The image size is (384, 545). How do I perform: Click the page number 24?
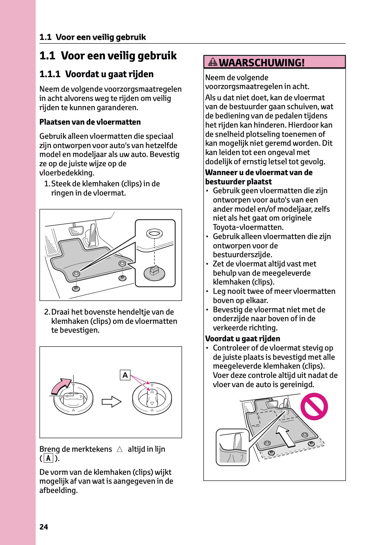click(x=44, y=527)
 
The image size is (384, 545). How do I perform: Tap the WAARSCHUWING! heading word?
click(x=262, y=62)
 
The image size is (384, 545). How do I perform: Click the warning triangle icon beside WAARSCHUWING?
click(x=213, y=62)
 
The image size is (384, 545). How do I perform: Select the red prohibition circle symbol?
click(x=314, y=406)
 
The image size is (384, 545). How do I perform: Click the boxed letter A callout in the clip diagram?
click(x=125, y=375)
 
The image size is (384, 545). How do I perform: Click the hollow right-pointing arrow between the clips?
click(x=111, y=402)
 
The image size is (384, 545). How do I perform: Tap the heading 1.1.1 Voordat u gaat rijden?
click(x=96, y=74)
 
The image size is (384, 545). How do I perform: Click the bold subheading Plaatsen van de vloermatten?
click(x=90, y=122)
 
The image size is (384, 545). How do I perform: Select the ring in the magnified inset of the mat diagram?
click(x=154, y=233)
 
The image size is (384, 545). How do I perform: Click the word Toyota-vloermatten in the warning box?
click(x=248, y=227)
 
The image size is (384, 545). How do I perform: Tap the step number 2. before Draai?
click(x=47, y=312)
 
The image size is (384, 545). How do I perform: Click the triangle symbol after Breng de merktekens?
click(x=119, y=449)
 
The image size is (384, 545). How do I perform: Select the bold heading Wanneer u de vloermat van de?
click(x=259, y=172)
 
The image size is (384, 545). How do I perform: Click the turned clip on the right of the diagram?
click(x=152, y=398)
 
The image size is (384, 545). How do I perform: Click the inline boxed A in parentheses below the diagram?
click(x=48, y=458)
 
